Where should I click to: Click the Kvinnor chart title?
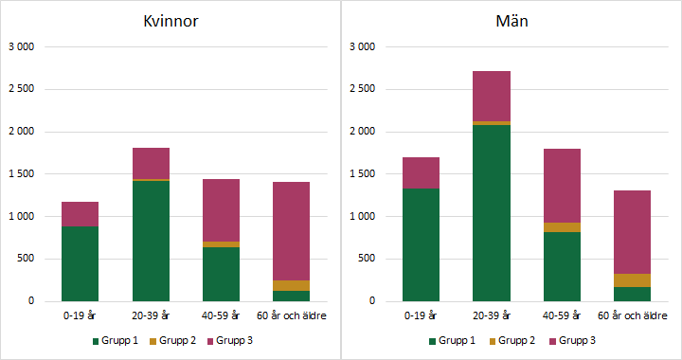pos(171,22)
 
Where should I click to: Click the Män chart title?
pos(511,22)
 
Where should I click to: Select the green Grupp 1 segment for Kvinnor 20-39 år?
pos(151,241)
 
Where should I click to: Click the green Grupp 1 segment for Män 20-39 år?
pos(492,213)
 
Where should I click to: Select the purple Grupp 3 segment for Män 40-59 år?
pos(563,186)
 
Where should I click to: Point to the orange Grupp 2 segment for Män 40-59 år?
pos(563,227)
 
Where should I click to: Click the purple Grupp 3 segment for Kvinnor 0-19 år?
pos(80,214)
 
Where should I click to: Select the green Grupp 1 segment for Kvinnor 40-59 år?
pos(221,274)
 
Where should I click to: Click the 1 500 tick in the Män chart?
pos(363,174)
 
